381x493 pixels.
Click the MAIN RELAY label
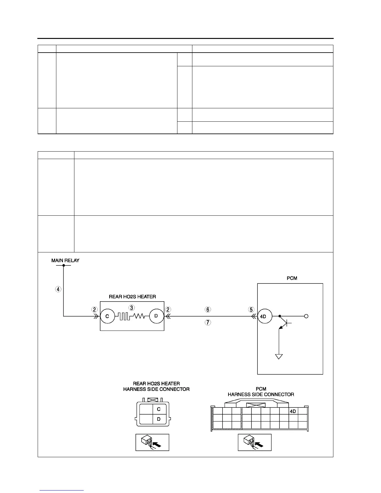click(x=65, y=261)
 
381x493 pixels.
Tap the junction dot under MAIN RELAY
click(x=63, y=265)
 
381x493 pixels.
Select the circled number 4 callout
click(x=59, y=289)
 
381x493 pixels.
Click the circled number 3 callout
click(x=132, y=308)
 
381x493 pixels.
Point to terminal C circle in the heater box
click(x=107, y=316)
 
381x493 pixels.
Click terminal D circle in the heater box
click(x=156, y=316)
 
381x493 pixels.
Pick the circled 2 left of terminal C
click(x=94, y=309)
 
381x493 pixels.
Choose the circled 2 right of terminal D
click(x=168, y=309)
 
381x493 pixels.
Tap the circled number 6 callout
click(x=208, y=309)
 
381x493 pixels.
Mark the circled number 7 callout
click(x=208, y=323)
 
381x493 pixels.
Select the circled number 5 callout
click(x=251, y=309)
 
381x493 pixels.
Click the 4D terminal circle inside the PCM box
click(x=265, y=316)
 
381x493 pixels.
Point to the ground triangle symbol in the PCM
click(x=279, y=356)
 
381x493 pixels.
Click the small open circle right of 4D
click(x=306, y=316)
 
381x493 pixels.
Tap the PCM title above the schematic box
click(x=292, y=278)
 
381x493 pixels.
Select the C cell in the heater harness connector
click(x=159, y=409)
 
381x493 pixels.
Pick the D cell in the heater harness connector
click(x=159, y=419)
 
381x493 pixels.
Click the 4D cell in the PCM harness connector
click(x=293, y=411)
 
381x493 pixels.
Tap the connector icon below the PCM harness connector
click(x=255, y=442)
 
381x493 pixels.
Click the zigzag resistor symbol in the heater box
click(x=139, y=316)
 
